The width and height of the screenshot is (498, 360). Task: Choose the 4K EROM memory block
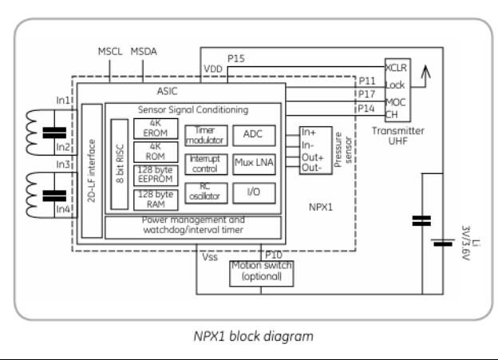point(156,129)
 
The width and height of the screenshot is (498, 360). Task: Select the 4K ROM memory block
point(156,152)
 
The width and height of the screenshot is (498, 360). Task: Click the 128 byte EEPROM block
point(156,175)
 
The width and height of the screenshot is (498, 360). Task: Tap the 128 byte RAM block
point(156,198)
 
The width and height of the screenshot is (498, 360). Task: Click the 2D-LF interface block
point(93,169)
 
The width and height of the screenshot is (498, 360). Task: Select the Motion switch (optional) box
point(260,271)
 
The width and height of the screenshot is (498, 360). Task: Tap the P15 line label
point(236,58)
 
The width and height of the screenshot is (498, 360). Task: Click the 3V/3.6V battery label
point(467,242)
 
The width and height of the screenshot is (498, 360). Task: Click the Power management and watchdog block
point(193,227)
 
